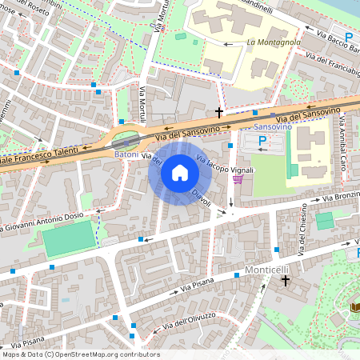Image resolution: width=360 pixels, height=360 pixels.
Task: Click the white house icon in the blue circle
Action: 180,172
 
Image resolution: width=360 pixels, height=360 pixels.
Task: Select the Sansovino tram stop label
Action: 271,127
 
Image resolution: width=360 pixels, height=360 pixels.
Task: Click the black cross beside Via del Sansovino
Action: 218,113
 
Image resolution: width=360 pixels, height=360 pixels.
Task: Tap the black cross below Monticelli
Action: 284,281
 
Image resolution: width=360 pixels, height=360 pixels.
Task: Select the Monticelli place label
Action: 266,269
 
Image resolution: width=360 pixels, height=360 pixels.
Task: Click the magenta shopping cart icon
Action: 236,178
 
